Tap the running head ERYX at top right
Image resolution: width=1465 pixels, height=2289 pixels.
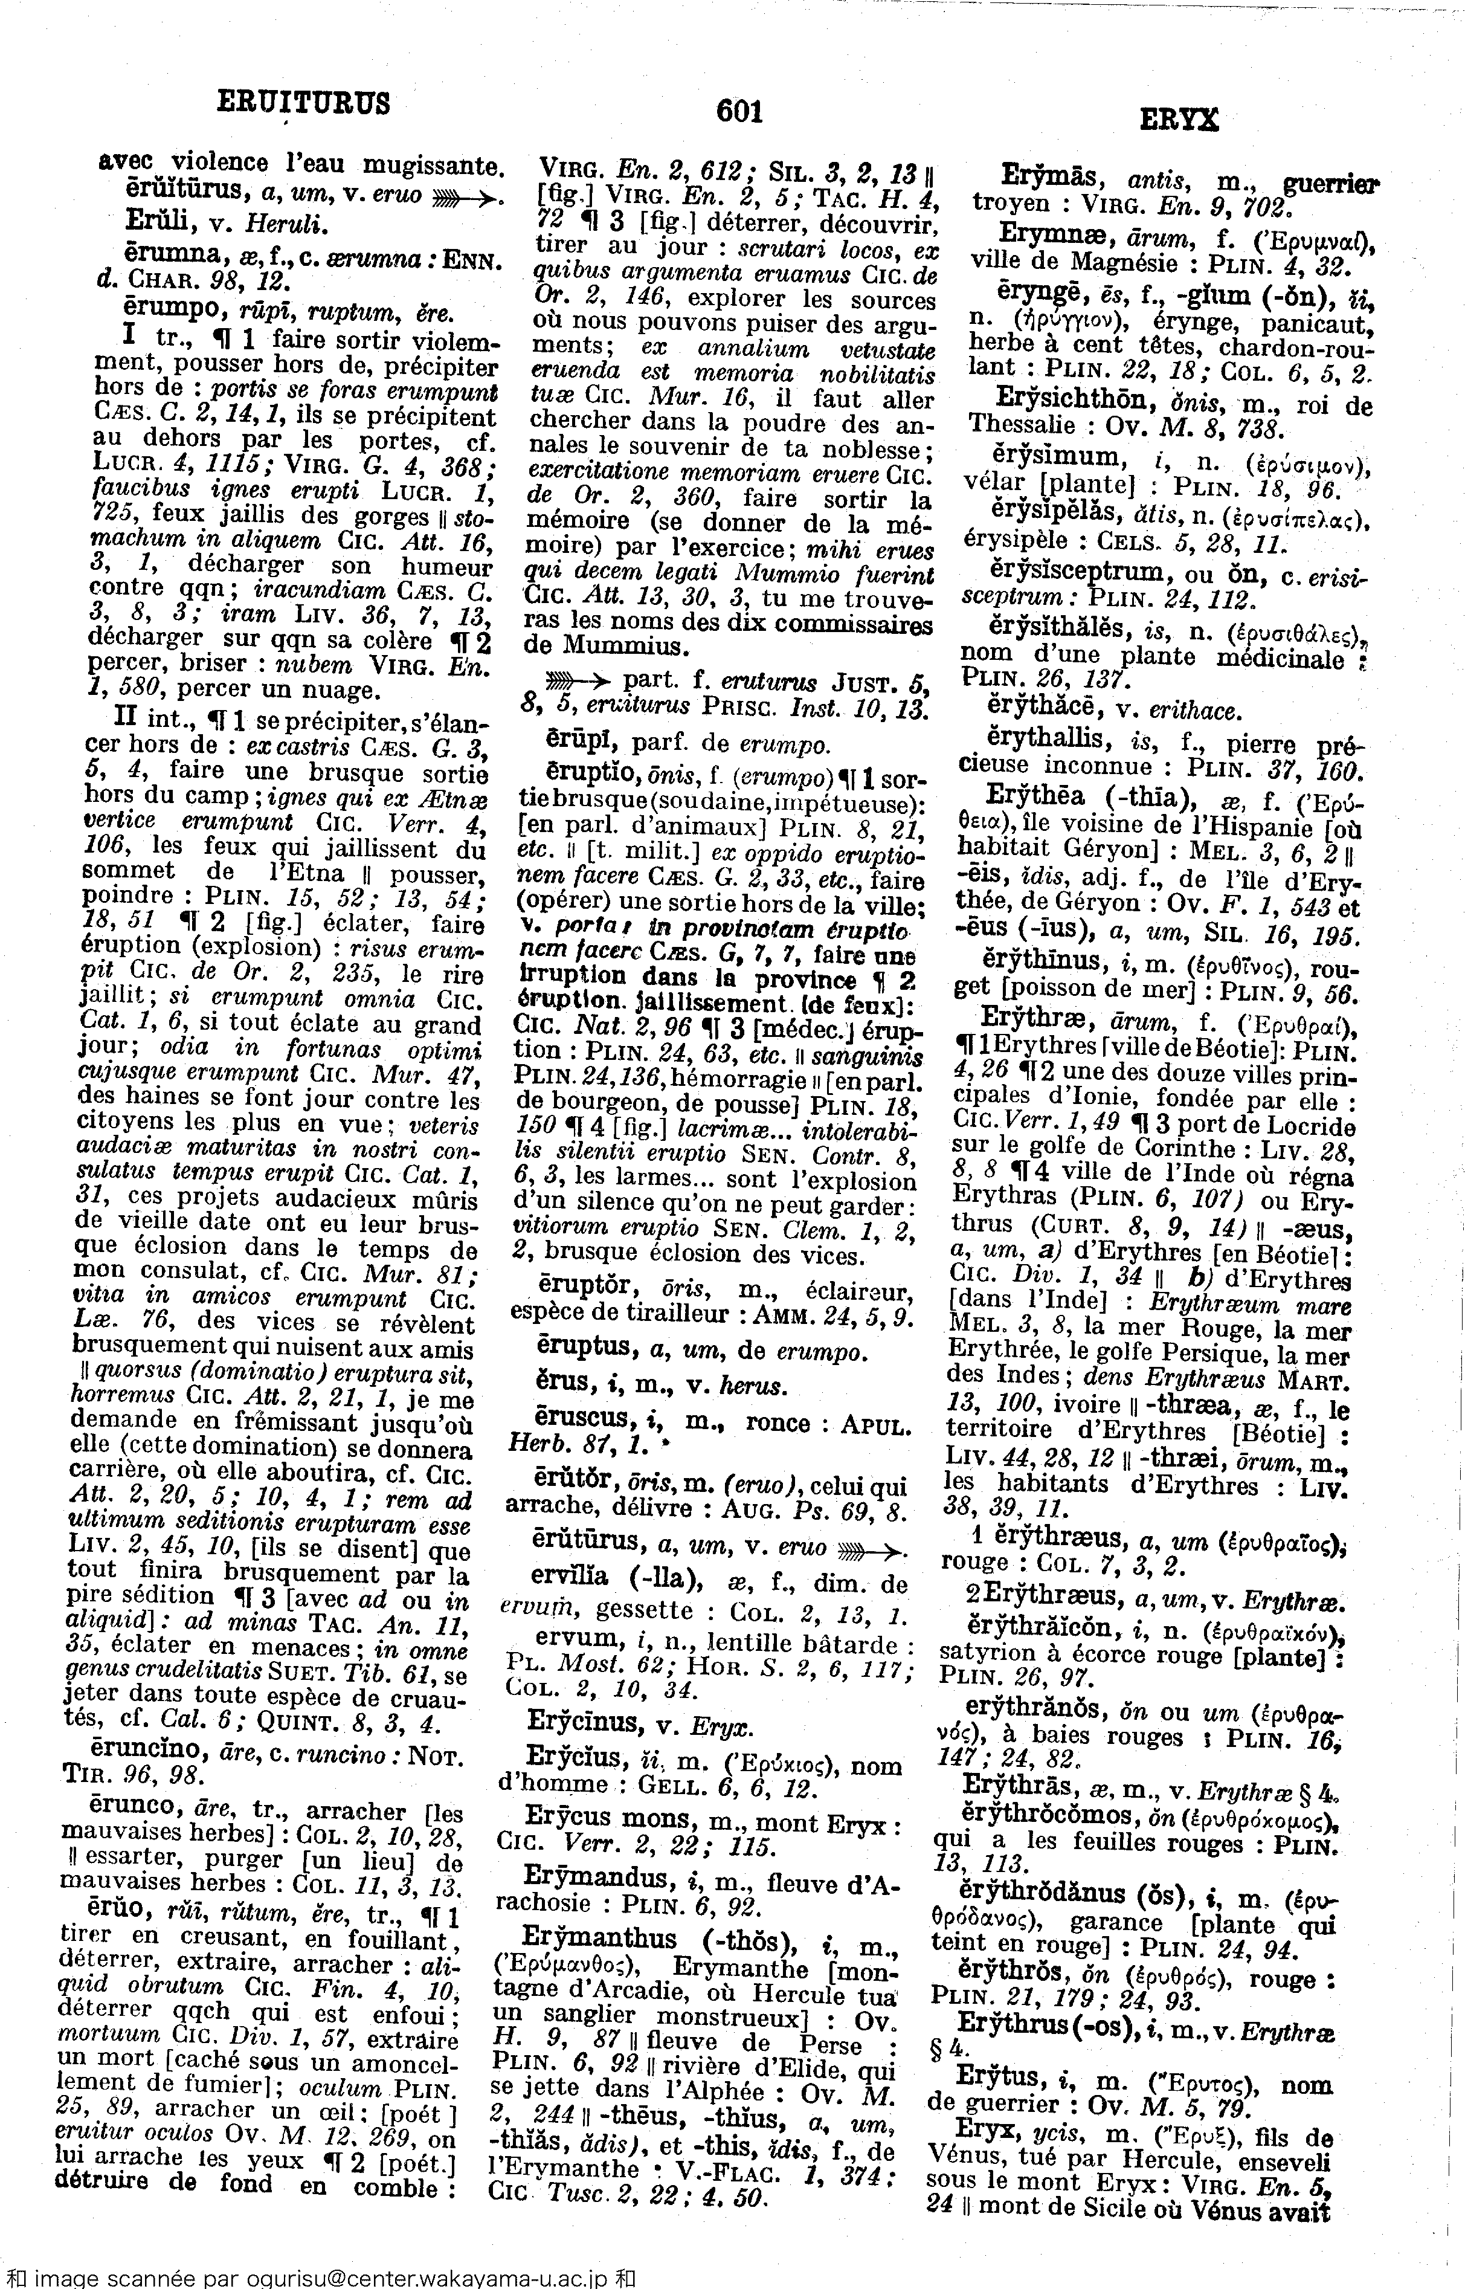1179,120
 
